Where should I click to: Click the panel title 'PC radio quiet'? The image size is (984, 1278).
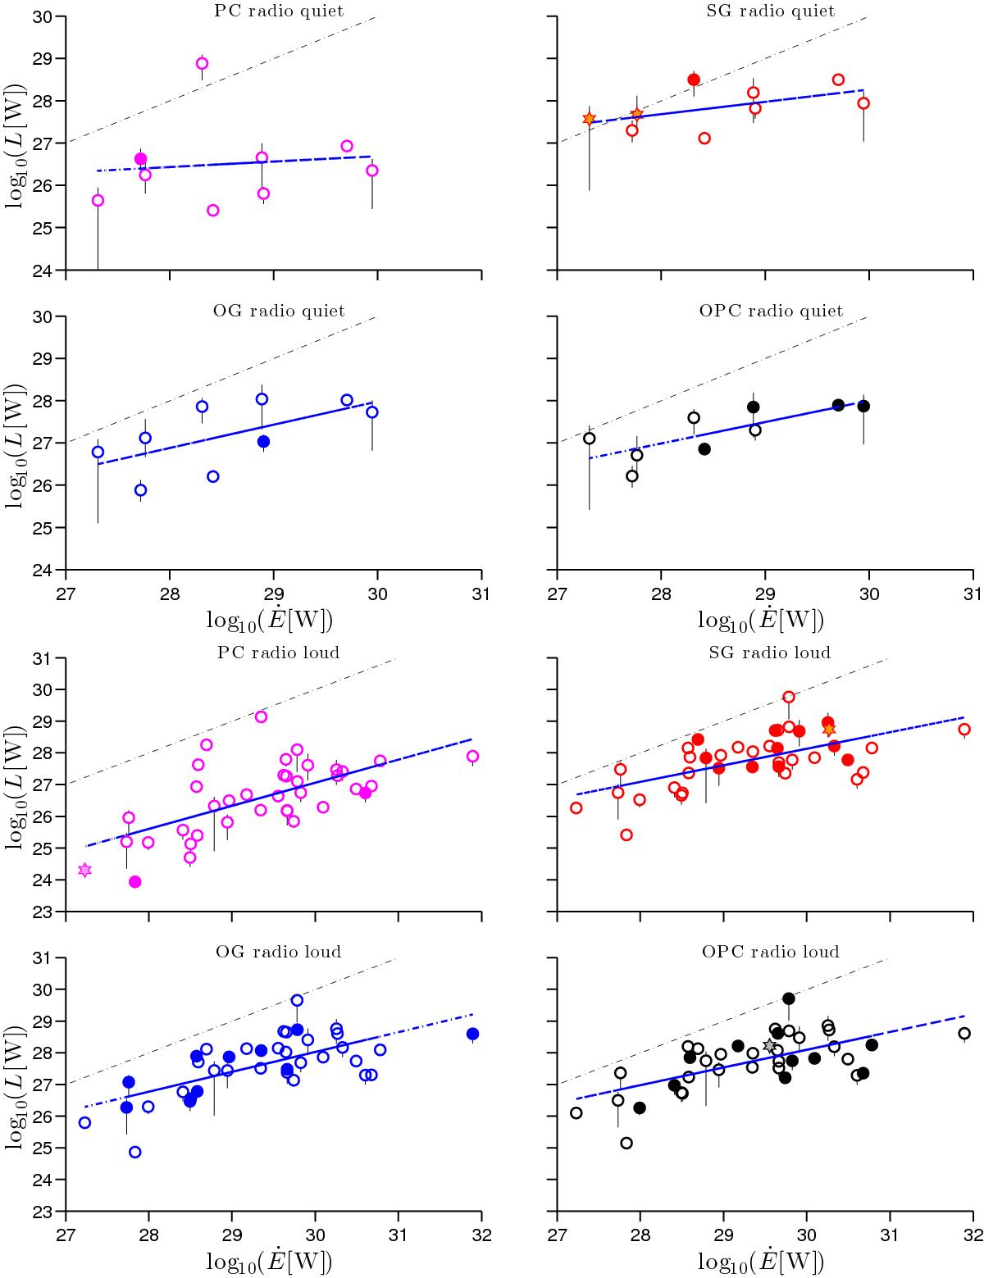pyautogui.click(x=273, y=11)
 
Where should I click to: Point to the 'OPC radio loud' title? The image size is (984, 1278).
pyautogui.click(x=770, y=952)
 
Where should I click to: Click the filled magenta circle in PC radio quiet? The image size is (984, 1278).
pyautogui.click(x=140, y=159)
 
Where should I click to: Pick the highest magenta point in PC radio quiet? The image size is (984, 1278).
pyautogui.click(x=202, y=63)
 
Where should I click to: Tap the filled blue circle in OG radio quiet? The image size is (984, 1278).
pyautogui.click(x=263, y=441)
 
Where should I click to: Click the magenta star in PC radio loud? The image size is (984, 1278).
pyautogui.click(x=84, y=870)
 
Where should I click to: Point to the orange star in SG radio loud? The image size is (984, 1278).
pyautogui.click(x=829, y=730)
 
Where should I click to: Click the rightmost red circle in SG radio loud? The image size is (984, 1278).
pyautogui.click(x=964, y=729)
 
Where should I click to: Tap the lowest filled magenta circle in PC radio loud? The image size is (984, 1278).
pyautogui.click(x=135, y=881)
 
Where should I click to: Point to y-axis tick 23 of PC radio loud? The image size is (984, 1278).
pyautogui.click(x=50, y=912)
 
